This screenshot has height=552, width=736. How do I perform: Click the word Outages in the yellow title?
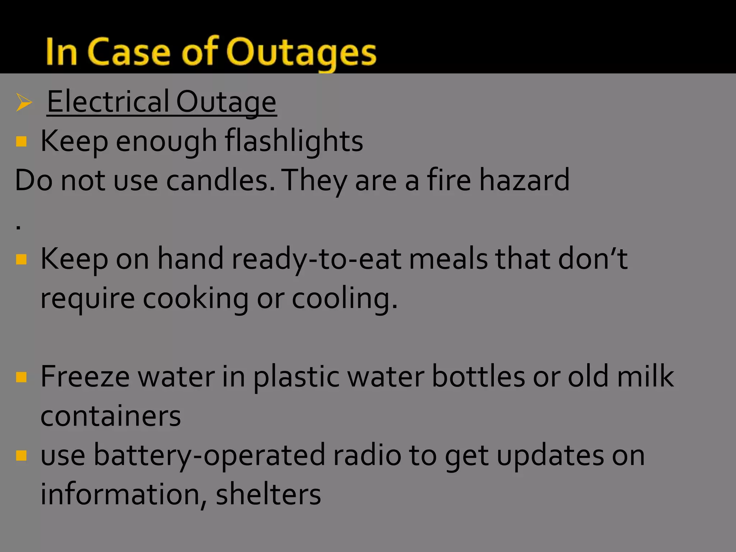[x=301, y=53]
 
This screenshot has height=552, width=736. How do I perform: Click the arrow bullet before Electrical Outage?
[x=24, y=103]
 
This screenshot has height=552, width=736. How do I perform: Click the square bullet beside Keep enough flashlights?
[x=22, y=141]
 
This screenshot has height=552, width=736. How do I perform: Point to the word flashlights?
[x=294, y=141]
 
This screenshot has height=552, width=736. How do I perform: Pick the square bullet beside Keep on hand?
[x=22, y=259]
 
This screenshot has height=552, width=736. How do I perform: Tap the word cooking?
[x=195, y=299]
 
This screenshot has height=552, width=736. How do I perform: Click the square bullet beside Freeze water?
[x=22, y=377]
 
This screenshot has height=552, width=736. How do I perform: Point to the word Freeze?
[x=85, y=377]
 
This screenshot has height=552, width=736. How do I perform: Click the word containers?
[x=111, y=416]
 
